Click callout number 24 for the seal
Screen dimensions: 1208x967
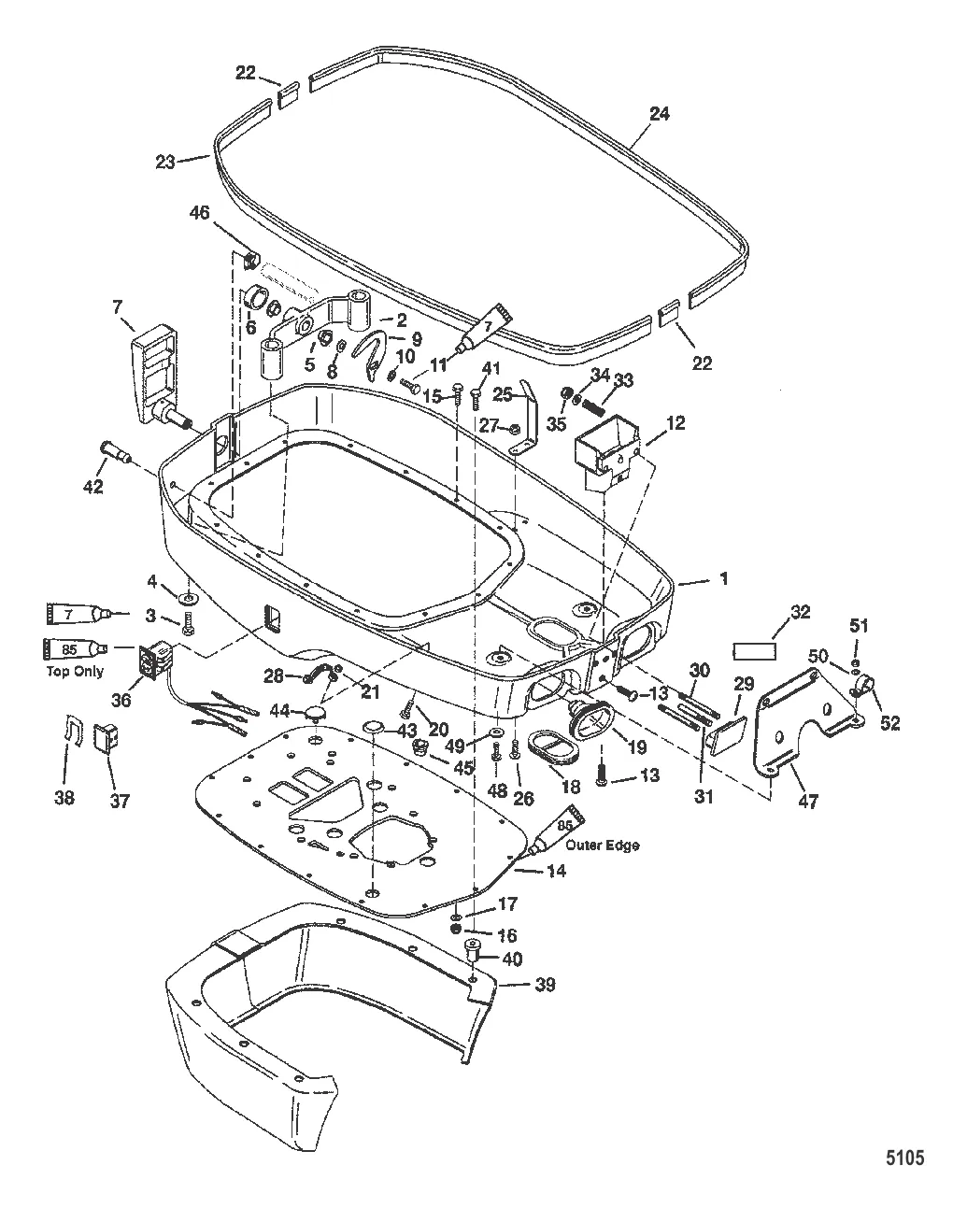pos(660,115)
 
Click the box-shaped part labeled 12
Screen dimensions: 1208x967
pos(604,444)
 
